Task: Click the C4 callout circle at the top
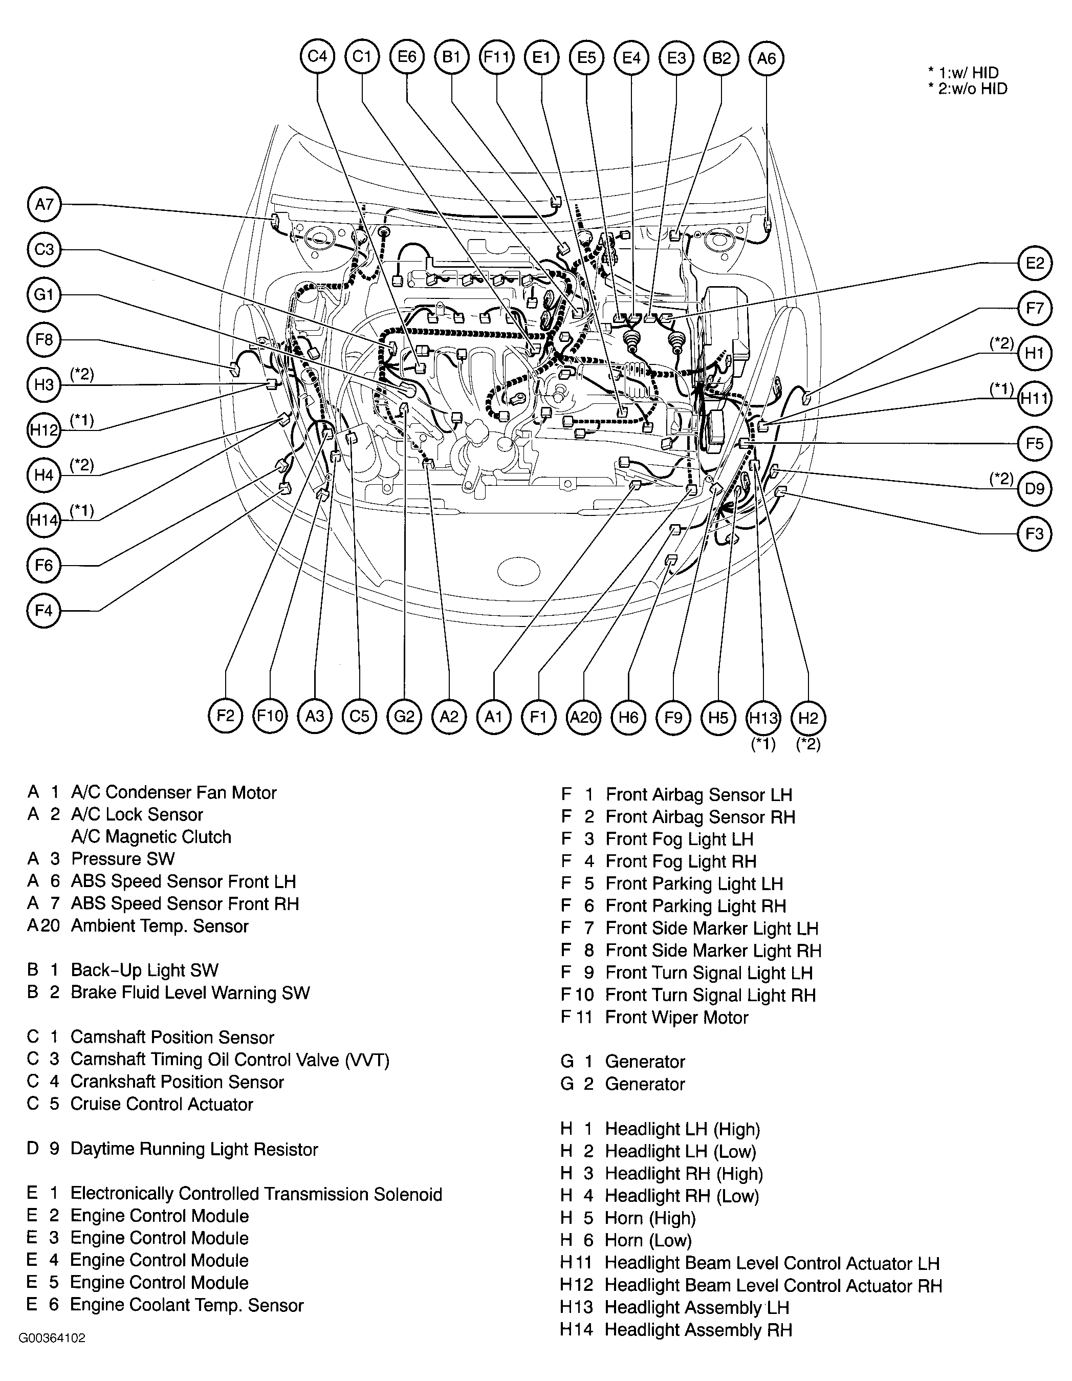(x=317, y=57)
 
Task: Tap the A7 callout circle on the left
(x=44, y=204)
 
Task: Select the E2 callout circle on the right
(x=1035, y=263)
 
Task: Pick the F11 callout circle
(x=496, y=57)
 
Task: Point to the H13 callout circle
(x=763, y=717)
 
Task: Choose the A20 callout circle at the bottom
(x=583, y=717)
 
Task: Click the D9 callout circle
(x=1035, y=488)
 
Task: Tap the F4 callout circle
(x=44, y=611)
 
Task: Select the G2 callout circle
(x=404, y=717)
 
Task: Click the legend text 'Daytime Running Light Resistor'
(x=194, y=1149)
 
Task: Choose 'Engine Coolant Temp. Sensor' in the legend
(x=187, y=1305)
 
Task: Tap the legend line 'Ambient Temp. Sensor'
(x=160, y=926)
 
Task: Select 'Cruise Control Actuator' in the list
(x=162, y=1104)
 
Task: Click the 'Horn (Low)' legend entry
(x=648, y=1240)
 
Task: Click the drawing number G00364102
(x=52, y=1338)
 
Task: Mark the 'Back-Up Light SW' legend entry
(x=145, y=970)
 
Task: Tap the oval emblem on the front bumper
(x=518, y=571)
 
